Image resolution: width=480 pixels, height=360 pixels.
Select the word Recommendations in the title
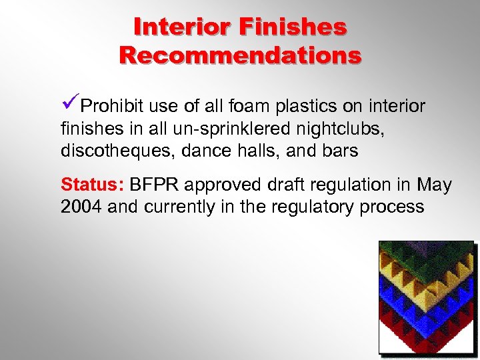pos(241,54)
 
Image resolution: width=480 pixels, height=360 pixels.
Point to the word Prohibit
pos(112,107)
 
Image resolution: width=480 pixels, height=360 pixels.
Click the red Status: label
pos(92,184)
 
